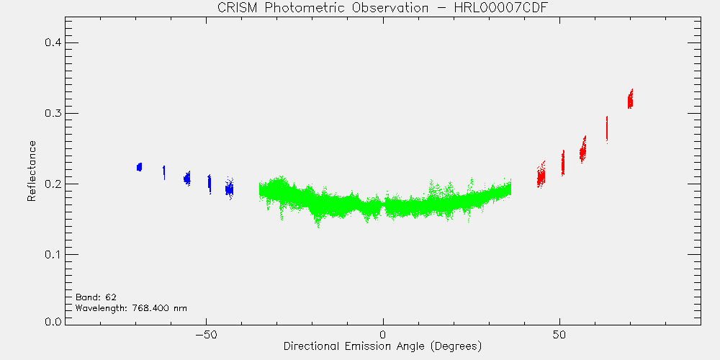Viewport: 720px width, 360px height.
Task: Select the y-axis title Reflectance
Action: point(31,171)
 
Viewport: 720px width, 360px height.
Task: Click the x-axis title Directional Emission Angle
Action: point(353,346)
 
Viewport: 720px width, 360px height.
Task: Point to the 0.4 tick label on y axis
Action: point(53,42)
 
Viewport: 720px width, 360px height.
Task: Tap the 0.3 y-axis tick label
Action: point(53,114)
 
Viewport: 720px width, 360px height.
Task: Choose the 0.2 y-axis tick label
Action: point(53,184)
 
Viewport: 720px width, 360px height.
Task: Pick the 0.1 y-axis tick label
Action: point(53,255)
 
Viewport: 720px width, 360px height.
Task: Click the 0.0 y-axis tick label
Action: point(53,321)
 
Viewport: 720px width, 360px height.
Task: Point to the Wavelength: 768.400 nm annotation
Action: point(131,308)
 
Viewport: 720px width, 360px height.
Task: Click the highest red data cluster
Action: point(631,99)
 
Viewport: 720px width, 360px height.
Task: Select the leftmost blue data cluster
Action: point(139,167)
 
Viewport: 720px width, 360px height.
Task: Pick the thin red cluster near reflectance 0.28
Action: point(607,130)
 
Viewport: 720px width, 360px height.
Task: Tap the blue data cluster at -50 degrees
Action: point(210,184)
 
